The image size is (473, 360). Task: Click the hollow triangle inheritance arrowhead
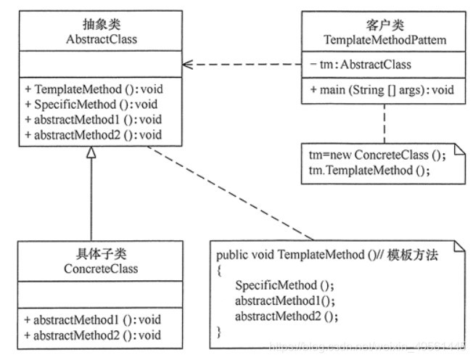coord(91,152)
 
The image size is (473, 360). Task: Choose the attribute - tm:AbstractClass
coord(360,65)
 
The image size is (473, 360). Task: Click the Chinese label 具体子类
coord(90,255)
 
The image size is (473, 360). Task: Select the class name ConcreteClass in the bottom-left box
coord(90,269)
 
